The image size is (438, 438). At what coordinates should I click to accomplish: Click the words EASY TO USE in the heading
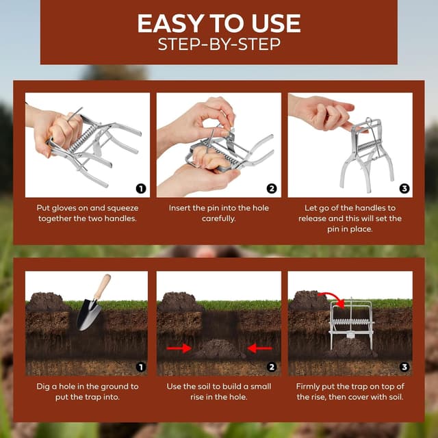[218, 23]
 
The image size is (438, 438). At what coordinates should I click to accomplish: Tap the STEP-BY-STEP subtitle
[218, 46]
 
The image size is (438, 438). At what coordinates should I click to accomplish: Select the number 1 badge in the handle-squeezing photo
[141, 188]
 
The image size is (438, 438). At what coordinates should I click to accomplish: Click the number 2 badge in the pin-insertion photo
[272, 188]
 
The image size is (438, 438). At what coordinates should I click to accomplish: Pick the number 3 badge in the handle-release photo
[404, 188]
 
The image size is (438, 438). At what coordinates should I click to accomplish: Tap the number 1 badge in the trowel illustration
[141, 367]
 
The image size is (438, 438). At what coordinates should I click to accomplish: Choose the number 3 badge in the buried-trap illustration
[404, 367]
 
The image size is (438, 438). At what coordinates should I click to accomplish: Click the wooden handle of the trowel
[101, 287]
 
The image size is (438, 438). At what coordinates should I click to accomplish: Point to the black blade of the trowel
[88, 314]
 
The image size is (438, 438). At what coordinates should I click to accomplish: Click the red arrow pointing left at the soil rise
[259, 348]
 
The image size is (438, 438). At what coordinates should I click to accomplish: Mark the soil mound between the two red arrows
[218, 349]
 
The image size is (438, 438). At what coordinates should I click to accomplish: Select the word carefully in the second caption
[218, 219]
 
